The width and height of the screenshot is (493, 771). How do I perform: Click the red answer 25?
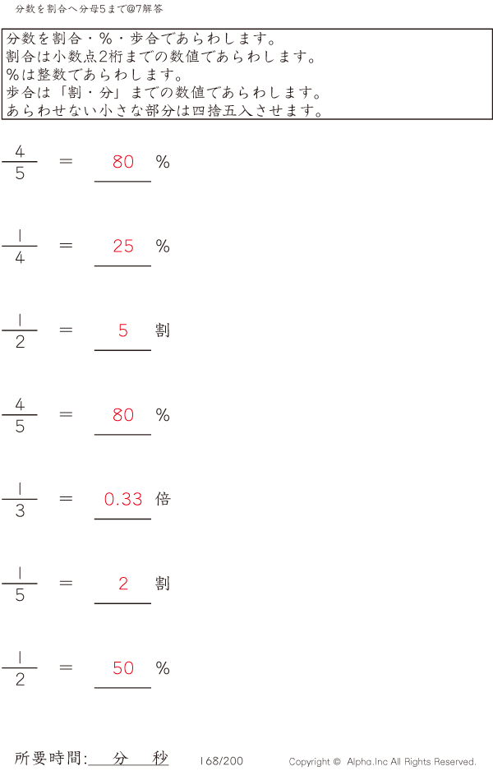click(123, 246)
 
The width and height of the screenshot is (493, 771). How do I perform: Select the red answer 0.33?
click(123, 499)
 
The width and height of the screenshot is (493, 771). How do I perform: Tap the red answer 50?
click(123, 667)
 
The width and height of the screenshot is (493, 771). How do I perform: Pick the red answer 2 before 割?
click(123, 583)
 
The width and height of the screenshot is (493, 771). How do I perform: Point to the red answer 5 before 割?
click(123, 330)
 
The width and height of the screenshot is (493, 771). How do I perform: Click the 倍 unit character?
click(163, 499)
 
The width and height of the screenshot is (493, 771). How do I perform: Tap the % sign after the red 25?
click(163, 246)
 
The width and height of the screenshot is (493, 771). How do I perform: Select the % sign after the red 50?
click(163, 667)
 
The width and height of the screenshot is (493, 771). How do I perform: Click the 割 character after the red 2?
click(163, 583)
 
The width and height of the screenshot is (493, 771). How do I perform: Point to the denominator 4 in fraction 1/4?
click(20, 257)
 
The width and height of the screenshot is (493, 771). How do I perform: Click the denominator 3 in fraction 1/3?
click(20, 511)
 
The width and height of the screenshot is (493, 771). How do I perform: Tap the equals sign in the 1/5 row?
click(66, 583)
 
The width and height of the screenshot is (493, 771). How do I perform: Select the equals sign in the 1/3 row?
click(66, 499)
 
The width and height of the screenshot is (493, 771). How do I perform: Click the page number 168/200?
click(221, 760)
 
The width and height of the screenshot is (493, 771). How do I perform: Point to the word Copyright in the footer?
click(310, 762)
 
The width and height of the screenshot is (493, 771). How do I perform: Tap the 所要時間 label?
click(48, 758)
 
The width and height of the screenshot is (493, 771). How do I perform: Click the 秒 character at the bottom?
click(160, 758)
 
